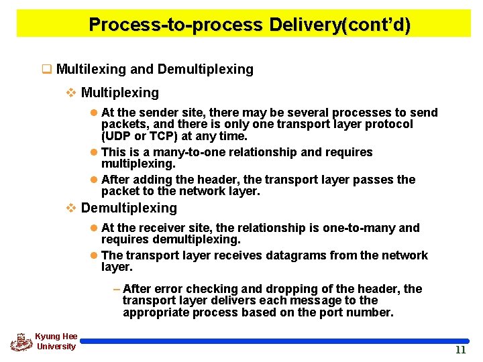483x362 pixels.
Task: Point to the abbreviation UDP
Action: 117,136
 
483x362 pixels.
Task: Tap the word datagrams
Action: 273,255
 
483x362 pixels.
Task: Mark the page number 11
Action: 460,351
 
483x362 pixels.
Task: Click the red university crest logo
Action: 21,341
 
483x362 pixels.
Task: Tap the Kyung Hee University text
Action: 56,341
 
